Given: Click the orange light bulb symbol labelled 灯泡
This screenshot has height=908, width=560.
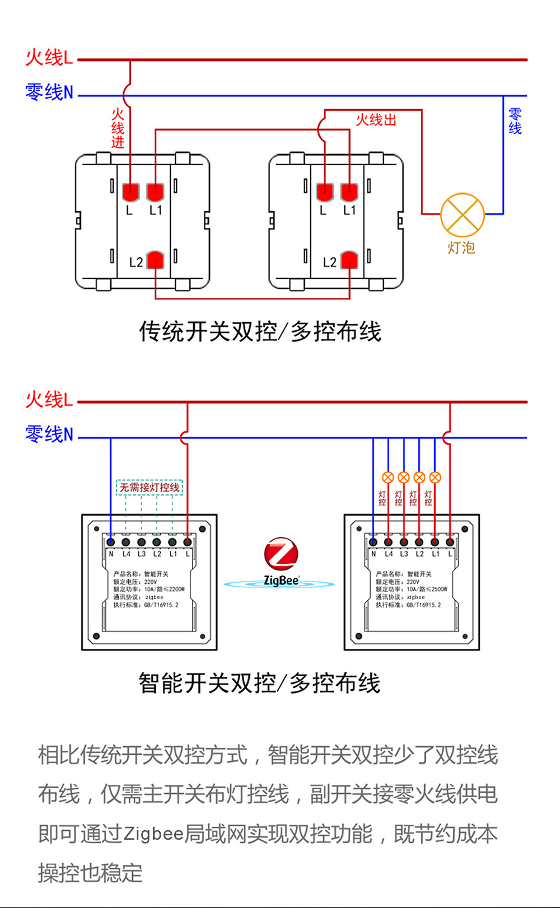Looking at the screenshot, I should [463, 215].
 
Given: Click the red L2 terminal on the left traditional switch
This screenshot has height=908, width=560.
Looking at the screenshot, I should [155, 260].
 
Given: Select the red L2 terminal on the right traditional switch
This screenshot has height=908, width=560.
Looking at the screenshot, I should [349, 260].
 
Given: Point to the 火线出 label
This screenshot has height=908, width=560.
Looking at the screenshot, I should [376, 120].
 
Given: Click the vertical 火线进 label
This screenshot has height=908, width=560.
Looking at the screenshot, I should [118, 128].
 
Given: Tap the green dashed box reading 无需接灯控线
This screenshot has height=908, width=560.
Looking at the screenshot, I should [150, 488].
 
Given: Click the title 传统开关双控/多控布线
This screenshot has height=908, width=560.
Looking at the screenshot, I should [260, 331].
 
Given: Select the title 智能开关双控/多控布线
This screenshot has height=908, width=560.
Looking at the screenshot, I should [259, 683].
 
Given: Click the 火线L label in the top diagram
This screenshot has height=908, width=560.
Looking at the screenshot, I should [49, 58].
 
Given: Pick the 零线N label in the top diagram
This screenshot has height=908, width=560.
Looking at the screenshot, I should [49, 92].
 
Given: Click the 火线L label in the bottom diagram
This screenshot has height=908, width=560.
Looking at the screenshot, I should [49, 400].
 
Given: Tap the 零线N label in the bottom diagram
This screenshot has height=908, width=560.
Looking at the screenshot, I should [49, 434].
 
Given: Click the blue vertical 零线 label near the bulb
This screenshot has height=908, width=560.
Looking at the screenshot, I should [515, 121].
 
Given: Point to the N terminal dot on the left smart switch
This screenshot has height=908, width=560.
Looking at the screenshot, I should [111, 542].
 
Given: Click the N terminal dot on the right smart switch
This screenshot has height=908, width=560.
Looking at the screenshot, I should [373, 542].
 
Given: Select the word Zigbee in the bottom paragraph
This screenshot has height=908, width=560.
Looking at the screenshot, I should [153, 834].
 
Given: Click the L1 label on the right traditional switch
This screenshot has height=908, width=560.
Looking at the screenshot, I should [349, 210].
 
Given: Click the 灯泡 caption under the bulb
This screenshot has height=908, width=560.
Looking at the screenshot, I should [461, 247].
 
